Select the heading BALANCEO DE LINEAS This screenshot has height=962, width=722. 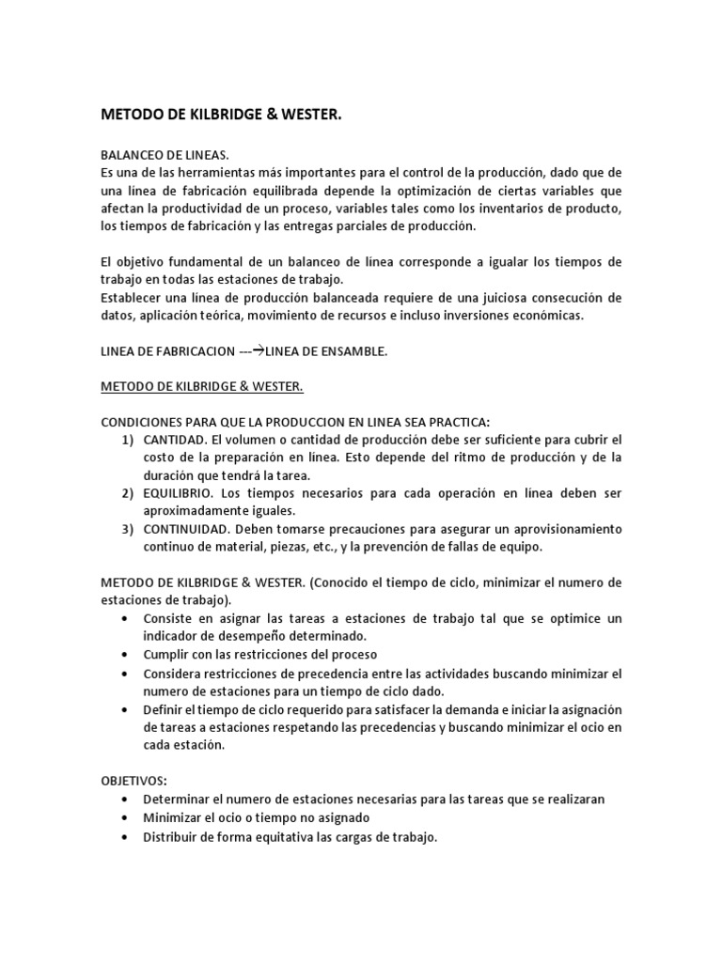point(165,155)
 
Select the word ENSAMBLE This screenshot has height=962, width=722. point(348,352)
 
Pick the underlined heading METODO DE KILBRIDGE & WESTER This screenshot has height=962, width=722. point(201,387)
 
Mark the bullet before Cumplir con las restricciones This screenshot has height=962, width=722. point(126,655)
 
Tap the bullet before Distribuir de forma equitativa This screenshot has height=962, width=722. point(126,836)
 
